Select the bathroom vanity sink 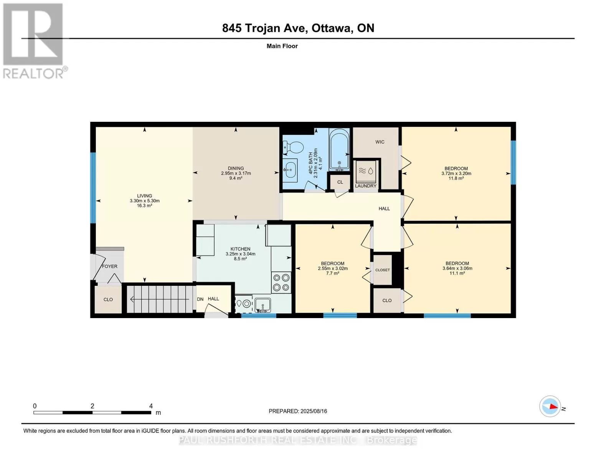(290, 170)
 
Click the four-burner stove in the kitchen (281, 282)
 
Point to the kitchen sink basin (263, 305)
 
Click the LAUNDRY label (366, 186)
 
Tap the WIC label (380, 142)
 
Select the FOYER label (109, 266)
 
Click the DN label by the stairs (200, 299)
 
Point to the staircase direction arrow (160, 299)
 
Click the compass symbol (550, 406)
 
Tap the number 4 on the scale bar (151, 406)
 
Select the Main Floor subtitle (282, 46)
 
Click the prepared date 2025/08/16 (314, 411)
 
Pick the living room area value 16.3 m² (145, 206)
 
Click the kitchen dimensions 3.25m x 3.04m (241, 254)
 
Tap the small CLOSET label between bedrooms (383, 270)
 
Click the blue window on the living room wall (93, 188)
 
